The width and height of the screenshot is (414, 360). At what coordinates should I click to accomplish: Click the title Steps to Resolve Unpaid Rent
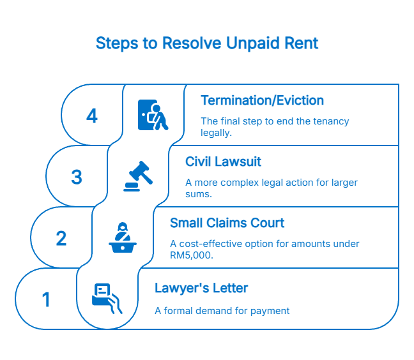206,43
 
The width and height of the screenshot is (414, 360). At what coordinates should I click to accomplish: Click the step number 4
92,116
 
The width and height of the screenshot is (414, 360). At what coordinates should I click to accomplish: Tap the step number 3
77,177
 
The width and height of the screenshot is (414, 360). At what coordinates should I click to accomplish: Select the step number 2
61,239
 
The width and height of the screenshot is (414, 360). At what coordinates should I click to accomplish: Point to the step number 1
46,299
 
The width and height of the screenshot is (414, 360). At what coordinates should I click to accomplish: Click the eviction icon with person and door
153,116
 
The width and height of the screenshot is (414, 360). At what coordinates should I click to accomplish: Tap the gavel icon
138,177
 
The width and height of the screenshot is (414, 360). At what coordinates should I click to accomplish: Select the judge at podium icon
123,238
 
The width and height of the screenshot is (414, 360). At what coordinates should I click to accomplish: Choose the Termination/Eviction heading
262,101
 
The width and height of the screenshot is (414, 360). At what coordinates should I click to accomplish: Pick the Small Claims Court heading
227,223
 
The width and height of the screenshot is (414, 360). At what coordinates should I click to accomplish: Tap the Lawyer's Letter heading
201,289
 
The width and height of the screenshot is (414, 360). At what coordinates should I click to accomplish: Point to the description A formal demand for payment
222,311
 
